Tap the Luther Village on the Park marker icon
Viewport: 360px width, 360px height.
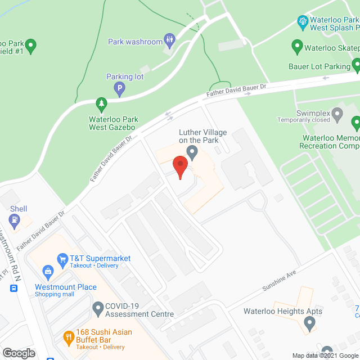[x=192, y=151]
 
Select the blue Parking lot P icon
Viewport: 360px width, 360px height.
[x=119, y=88]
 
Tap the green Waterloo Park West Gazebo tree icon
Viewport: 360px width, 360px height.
[x=101, y=103]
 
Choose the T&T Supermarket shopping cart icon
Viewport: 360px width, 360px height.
[x=62, y=259]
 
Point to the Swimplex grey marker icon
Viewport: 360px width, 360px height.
[x=337, y=115]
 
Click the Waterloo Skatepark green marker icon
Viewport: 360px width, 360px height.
[x=296, y=45]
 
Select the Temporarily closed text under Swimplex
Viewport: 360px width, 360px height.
[x=304, y=120]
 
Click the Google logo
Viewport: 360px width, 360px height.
[x=19, y=353]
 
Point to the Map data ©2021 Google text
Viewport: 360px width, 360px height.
[x=323, y=355]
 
